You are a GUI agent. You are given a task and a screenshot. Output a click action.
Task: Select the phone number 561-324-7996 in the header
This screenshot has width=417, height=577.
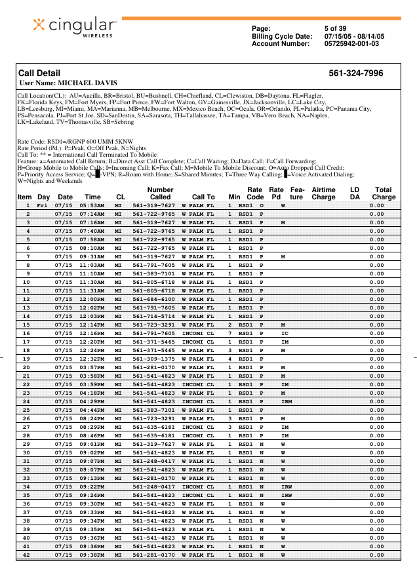(x=355, y=73)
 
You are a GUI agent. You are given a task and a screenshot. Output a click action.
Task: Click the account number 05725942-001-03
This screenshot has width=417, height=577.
(x=351, y=44)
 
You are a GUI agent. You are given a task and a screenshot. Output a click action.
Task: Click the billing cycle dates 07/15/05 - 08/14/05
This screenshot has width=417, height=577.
(x=354, y=36)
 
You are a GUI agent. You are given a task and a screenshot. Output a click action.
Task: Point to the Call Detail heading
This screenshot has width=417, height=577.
(x=39, y=73)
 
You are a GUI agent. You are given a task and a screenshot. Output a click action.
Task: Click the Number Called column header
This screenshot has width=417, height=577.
(x=160, y=193)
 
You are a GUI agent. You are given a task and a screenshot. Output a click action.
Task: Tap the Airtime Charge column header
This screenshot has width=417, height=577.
(x=323, y=193)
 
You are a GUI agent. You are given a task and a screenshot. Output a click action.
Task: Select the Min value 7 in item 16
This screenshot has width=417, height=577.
(x=230, y=333)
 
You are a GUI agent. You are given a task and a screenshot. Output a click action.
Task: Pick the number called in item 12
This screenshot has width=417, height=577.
(x=153, y=299)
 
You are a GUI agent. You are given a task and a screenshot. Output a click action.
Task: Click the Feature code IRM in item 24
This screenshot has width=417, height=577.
(x=287, y=401)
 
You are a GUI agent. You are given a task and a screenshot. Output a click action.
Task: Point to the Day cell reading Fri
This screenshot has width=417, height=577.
(x=42, y=205)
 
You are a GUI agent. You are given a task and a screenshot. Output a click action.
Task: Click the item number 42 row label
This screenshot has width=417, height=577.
(x=26, y=555)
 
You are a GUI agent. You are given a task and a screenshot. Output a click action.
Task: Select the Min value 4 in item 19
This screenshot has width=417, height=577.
(x=230, y=359)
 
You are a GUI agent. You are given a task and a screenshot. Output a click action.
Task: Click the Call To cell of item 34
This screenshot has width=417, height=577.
(x=198, y=487)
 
